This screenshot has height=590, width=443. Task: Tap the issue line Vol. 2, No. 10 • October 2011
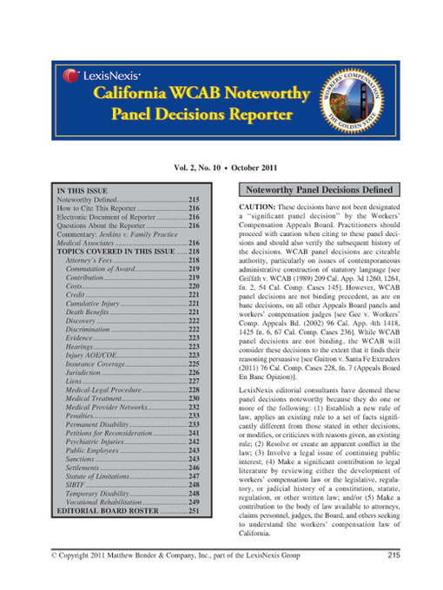click(x=221, y=164)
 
